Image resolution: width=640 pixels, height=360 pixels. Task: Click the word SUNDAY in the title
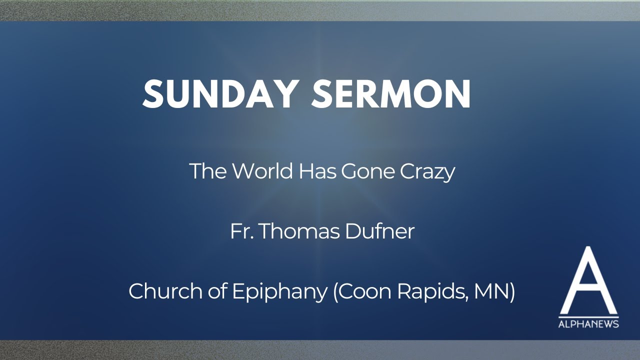click(220, 94)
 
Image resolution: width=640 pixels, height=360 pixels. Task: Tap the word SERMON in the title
click(391, 94)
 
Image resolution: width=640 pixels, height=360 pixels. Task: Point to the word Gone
click(368, 171)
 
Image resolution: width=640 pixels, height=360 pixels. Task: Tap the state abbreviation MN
click(497, 291)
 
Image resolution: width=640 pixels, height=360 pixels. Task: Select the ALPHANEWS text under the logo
click(588, 324)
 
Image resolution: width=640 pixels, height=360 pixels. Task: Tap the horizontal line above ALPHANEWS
click(588, 317)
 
